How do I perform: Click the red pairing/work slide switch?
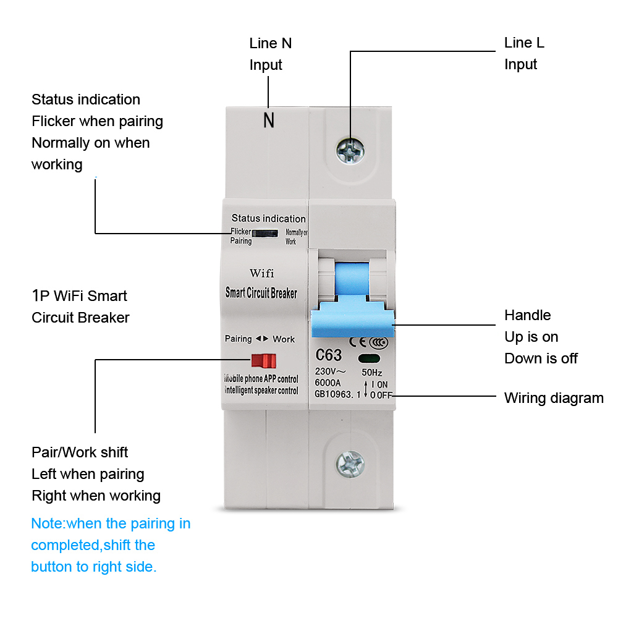pyautogui.click(x=264, y=361)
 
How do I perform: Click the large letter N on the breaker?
pyautogui.click(x=269, y=121)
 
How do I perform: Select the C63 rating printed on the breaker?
pyautogui.click(x=328, y=356)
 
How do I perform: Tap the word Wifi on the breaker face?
pyautogui.click(x=261, y=273)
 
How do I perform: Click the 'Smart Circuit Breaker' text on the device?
pyautogui.click(x=261, y=293)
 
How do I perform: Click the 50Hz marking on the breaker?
pyautogui.click(x=371, y=372)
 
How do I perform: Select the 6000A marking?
pyautogui.click(x=328, y=383)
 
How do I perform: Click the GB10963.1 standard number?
pyautogui.click(x=337, y=394)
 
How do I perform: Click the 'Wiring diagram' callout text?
pyautogui.click(x=554, y=398)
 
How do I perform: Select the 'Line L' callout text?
pyautogui.click(x=524, y=43)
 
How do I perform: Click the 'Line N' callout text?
pyautogui.click(x=270, y=43)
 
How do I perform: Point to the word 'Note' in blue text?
pyautogui.click(x=47, y=524)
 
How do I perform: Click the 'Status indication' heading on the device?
pyautogui.click(x=268, y=218)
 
